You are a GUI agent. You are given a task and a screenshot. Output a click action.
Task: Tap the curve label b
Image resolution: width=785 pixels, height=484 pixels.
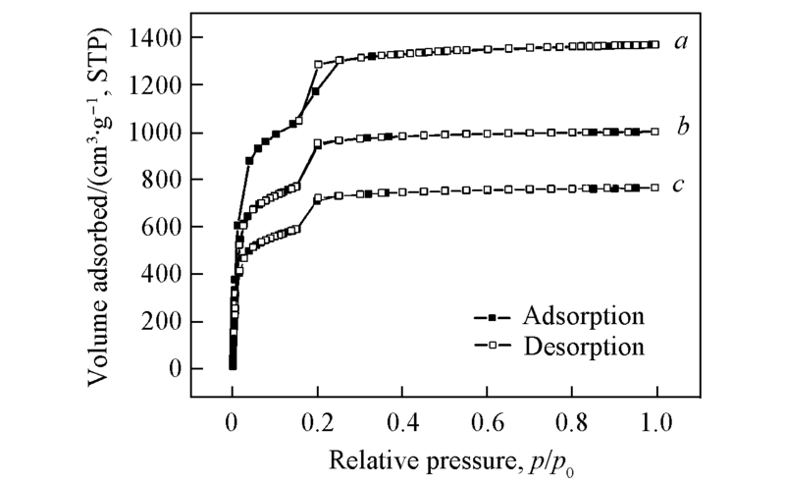680,128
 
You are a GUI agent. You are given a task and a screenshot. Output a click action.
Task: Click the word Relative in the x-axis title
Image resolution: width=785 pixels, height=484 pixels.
358,458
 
